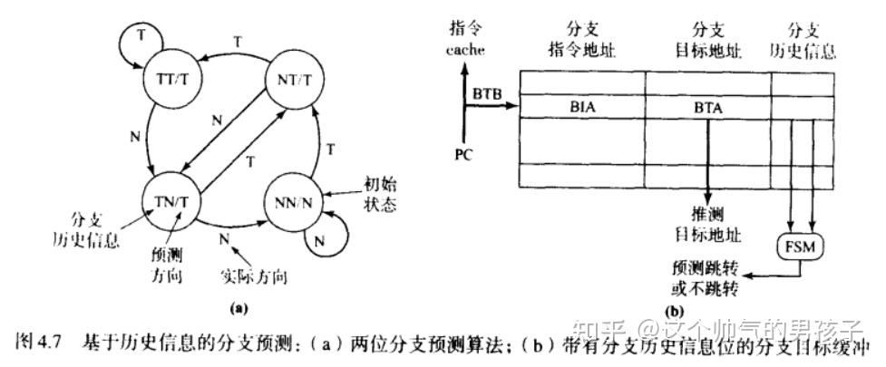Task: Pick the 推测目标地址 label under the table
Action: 707,224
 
